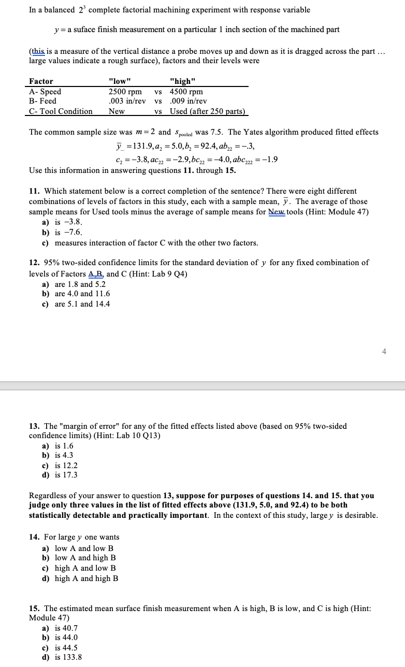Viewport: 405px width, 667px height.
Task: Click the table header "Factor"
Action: pos(41,81)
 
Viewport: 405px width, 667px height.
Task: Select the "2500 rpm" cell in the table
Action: pos(125,92)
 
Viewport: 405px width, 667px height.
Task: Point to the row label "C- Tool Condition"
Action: pos(61,111)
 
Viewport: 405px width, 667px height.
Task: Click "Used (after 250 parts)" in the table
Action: pos(207,111)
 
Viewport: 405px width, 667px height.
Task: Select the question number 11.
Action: pos(34,191)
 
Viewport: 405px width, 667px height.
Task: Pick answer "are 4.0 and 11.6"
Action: pos(82,294)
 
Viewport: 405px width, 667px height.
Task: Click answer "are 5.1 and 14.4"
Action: pos(82,304)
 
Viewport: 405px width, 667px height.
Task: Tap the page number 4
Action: pos(384,352)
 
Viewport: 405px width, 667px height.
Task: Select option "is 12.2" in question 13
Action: pos(66,465)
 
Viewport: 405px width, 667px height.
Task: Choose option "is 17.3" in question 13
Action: pos(66,475)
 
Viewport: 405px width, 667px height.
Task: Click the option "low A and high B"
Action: pos(85,558)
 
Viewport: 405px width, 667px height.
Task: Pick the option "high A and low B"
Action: pos(85,568)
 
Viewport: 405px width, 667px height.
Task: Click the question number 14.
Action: pos(34,537)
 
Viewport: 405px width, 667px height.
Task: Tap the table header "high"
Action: pos(182,81)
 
